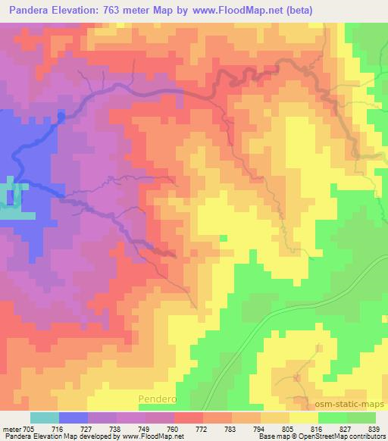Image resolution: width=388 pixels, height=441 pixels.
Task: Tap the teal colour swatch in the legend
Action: (x=45, y=418)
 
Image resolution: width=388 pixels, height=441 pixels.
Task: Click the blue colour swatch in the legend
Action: (x=74, y=418)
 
